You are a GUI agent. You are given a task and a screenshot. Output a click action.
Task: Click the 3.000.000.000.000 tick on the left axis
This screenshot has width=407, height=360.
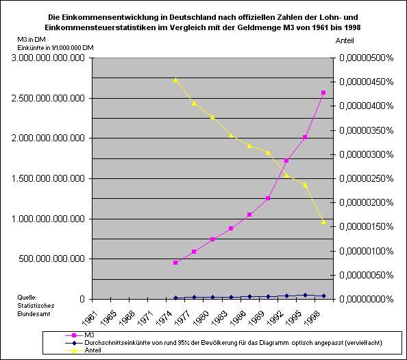[46, 58]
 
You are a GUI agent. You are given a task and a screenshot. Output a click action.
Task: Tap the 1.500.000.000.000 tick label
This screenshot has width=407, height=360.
[46, 179]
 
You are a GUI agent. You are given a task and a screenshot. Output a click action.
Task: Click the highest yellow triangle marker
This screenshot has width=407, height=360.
[176, 80]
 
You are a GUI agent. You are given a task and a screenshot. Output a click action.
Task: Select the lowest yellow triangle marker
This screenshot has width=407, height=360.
[323, 221]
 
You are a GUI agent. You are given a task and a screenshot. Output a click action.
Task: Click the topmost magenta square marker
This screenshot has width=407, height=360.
[323, 93]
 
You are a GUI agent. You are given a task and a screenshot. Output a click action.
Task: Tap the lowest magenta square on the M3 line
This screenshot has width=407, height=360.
[176, 263]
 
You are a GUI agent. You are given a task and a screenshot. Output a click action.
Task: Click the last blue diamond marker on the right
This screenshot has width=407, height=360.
[323, 296]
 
